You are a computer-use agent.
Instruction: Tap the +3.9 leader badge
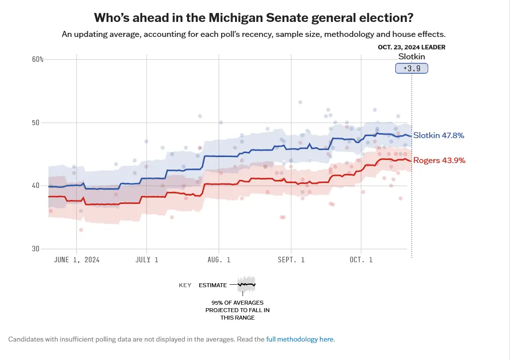point(412,68)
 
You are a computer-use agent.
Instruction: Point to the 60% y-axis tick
point(38,59)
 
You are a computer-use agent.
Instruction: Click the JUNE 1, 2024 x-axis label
point(76,260)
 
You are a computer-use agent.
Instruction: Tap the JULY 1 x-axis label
point(147,260)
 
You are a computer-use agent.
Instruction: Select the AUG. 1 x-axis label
point(218,260)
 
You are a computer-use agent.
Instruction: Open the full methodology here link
point(300,339)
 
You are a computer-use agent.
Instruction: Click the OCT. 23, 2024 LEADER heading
point(412,47)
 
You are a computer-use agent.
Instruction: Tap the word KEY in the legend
point(185,286)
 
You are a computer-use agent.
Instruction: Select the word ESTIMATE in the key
point(213,286)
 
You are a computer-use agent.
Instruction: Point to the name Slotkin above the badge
point(412,57)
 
